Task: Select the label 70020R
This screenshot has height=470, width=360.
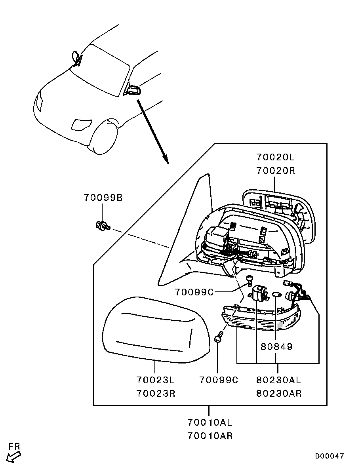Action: click(275, 171)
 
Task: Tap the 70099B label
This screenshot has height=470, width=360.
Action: click(103, 197)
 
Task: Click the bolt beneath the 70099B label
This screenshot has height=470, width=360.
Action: click(102, 226)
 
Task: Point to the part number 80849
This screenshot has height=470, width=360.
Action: click(276, 347)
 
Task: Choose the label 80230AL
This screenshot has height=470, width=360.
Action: click(279, 380)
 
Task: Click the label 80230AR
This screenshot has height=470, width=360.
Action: click(279, 394)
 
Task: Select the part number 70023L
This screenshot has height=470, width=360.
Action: click(156, 380)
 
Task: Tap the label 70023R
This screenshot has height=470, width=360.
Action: click(156, 394)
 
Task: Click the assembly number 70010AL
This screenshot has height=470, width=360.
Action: click(210, 422)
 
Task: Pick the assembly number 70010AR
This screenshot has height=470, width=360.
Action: click(210, 436)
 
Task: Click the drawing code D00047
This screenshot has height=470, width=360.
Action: click(330, 456)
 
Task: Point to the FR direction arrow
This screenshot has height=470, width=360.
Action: click(14, 457)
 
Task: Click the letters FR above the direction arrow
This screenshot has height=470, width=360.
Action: click(15, 446)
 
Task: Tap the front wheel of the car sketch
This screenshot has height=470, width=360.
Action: click(104, 139)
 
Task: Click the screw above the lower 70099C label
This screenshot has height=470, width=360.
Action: click(219, 338)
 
